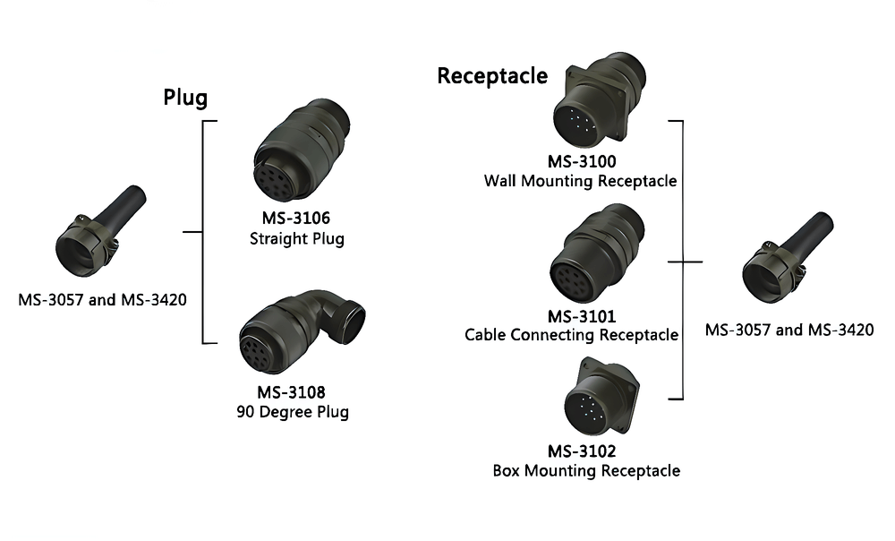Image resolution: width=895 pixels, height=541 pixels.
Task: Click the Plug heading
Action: point(185,97)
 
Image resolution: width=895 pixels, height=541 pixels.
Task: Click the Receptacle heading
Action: point(492,75)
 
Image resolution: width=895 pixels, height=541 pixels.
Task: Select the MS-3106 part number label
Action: point(295,218)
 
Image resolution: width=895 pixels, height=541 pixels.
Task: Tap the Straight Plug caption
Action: point(297,238)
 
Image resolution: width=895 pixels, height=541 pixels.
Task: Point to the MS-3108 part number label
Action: point(291,392)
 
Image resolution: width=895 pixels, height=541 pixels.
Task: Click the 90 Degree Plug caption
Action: point(293,412)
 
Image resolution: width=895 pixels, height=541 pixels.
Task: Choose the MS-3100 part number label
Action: point(582,161)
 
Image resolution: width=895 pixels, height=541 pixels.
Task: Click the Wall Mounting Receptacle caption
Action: point(581,181)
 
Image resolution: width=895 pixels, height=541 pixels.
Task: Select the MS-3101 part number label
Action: point(582,316)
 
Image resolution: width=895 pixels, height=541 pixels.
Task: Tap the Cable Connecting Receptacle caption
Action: point(571,335)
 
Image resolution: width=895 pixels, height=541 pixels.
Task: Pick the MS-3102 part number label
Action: point(582,451)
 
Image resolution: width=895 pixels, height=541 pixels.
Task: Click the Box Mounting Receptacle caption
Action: point(586,471)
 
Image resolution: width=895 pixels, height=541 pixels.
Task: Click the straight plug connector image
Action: point(302,150)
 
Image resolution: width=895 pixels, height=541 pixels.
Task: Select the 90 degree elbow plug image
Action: point(302,332)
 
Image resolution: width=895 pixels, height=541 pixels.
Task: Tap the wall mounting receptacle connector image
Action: point(600,101)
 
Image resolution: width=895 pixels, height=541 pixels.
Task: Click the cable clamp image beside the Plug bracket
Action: point(100,231)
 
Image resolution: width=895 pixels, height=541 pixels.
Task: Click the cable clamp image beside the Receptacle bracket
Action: point(788,258)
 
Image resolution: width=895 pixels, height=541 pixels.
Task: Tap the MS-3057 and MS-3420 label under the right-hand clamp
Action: point(789,330)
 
